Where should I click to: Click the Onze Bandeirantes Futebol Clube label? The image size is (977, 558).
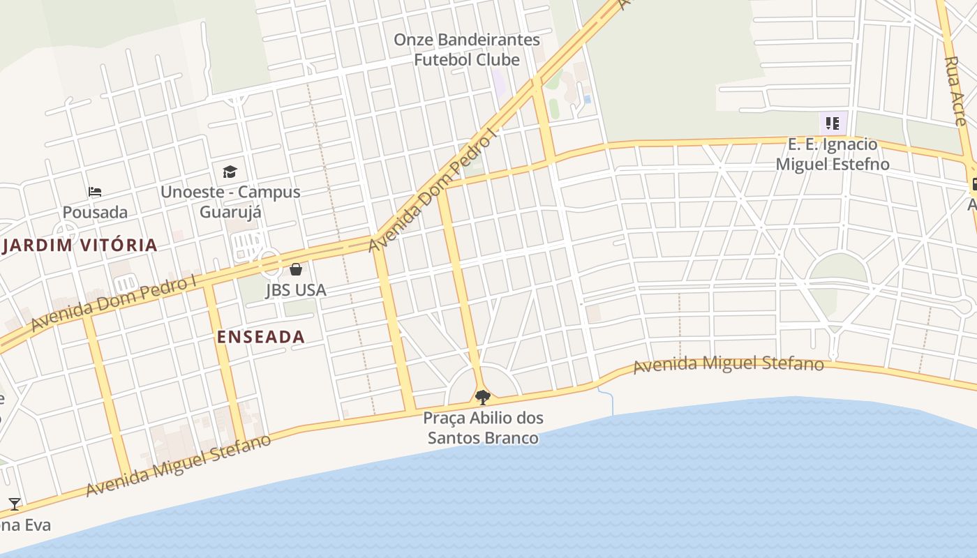467,50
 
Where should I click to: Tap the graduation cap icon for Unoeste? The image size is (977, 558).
230,172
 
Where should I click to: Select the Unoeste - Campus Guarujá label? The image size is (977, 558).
230,201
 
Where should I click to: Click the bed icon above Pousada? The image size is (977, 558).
95,192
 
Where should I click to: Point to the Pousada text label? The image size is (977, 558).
95,212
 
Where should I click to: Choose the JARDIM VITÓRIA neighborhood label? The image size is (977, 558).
80,245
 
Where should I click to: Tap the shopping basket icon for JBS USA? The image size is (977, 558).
296,269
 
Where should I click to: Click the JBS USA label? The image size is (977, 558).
296,289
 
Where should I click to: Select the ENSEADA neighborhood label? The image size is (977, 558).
261,337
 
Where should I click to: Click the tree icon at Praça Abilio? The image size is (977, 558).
482,398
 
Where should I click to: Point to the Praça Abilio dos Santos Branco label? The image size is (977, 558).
483,428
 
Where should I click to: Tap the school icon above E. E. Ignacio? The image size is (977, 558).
833,124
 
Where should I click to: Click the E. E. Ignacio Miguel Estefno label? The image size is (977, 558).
833,154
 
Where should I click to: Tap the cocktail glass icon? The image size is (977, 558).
14,504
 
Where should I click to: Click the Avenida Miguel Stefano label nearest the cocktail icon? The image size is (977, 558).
178,465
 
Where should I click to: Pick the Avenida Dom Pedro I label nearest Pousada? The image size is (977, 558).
114,303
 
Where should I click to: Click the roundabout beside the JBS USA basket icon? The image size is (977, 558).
269,263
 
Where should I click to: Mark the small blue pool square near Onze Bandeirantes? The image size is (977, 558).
587,100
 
